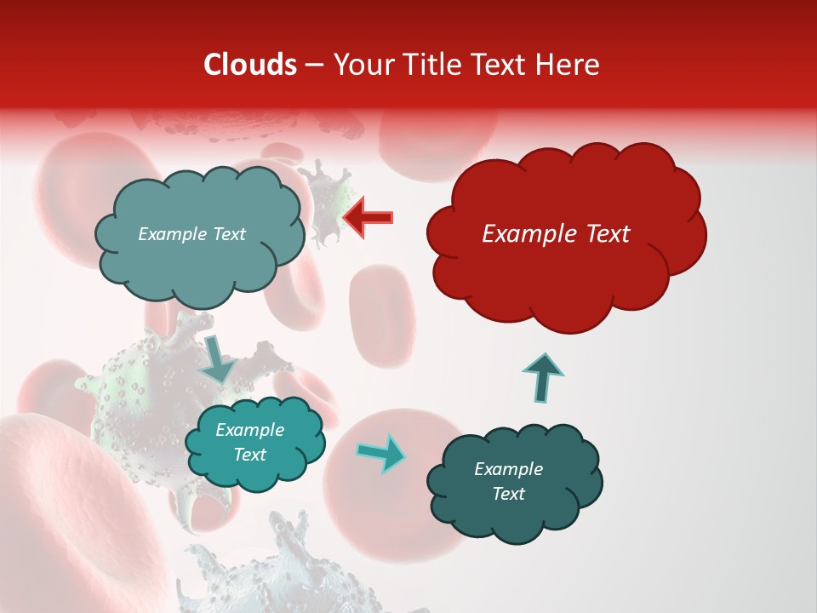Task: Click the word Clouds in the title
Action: pyautogui.click(x=249, y=65)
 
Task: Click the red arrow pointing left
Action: pyautogui.click(x=368, y=217)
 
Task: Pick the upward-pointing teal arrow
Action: pyautogui.click(x=542, y=375)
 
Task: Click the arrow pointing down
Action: pyautogui.click(x=217, y=358)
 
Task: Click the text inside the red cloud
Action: pyautogui.click(x=556, y=234)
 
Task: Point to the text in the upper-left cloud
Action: pyautogui.click(x=191, y=234)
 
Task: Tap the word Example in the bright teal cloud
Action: pyautogui.click(x=249, y=430)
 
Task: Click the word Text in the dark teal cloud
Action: pyautogui.click(x=508, y=494)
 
